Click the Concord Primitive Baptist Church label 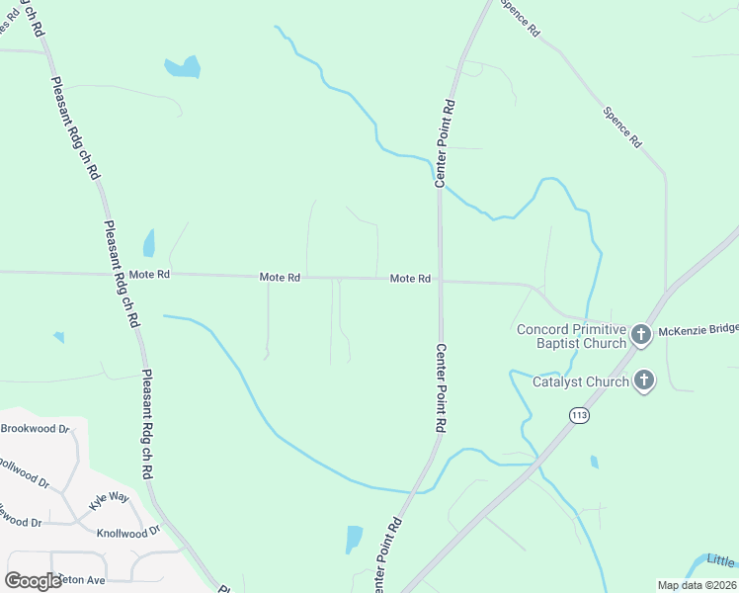571,336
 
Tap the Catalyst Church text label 581,381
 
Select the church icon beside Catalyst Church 644,380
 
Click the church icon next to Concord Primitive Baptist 640,335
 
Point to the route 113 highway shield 579,416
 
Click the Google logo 34,581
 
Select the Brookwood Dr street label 36,429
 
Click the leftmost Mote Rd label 149,275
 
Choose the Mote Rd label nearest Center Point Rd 410,279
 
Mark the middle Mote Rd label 280,278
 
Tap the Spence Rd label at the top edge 520,17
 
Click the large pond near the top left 183,67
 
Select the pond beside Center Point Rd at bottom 354,539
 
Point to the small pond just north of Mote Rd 149,242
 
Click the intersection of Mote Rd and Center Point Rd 440,281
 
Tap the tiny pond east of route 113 594,462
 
